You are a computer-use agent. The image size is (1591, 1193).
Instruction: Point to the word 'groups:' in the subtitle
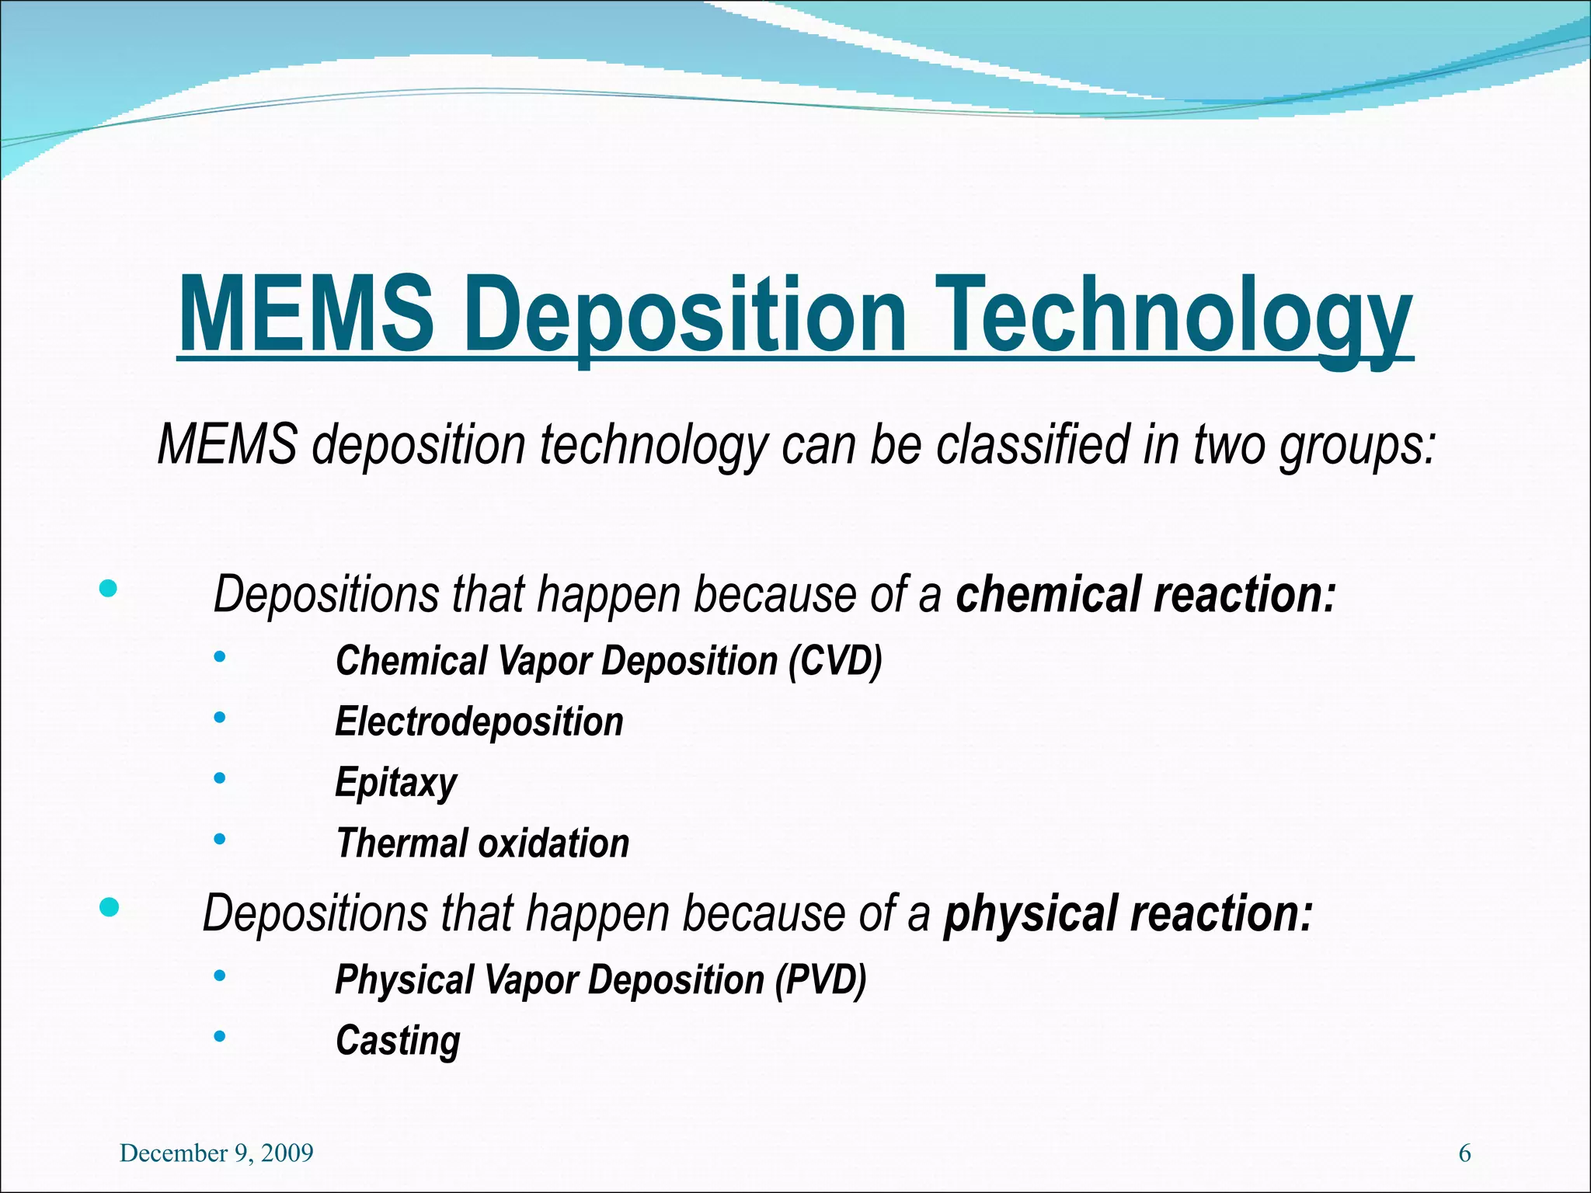click(x=1357, y=445)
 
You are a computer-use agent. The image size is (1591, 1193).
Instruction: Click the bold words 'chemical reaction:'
click(x=1145, y=594)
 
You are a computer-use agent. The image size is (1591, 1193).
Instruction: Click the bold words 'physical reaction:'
click(x=1127, y=913)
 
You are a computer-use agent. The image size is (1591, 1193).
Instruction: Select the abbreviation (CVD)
click(x=835, y=661)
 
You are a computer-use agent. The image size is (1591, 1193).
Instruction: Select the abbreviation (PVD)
click(x=820, y=979)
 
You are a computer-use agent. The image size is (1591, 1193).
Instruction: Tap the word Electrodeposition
click(x=479, y=722)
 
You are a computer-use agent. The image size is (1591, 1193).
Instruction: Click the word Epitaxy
click(x=396, y=782)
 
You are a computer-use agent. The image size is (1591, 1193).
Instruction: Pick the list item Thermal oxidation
click(x=482, y=843)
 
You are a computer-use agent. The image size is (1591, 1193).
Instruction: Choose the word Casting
click(x=398, y=1040)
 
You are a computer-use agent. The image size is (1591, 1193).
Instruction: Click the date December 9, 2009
click(x=217, y=1153)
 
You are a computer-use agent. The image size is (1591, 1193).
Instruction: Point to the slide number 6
click(x=1464, y=1153)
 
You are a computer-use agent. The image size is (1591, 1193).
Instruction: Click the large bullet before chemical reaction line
click(x=109, y=589)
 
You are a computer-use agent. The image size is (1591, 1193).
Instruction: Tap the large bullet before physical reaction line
click(x=110, y=906)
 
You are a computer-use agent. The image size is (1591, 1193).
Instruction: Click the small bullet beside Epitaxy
click(x=220, y=777)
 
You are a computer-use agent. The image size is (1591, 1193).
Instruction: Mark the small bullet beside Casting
click(x=220, y=1035)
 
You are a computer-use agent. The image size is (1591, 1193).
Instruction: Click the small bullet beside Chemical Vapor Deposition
click(x=220, y=657)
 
